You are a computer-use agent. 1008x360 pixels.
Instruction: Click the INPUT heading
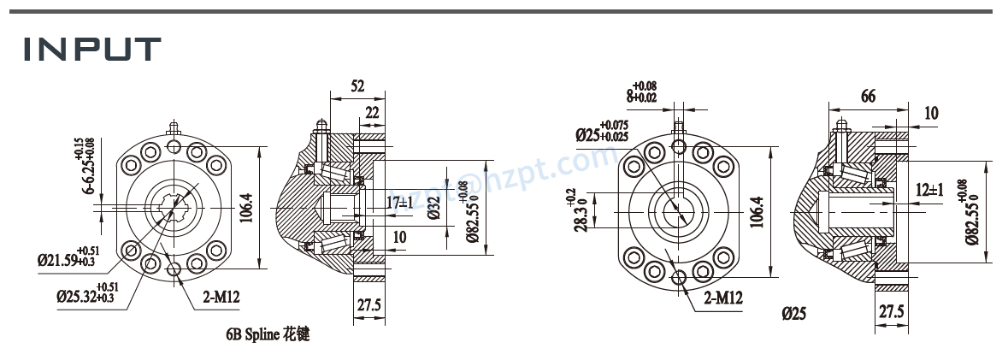(91, 50)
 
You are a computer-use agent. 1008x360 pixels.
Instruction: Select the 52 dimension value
(357, 86)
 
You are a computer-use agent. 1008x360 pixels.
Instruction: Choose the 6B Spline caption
(262, 334)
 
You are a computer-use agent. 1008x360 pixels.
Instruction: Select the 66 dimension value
(868, 97)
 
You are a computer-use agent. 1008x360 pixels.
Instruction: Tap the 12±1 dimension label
(928, 190)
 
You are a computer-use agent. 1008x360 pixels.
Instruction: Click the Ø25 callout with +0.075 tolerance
(608, 135)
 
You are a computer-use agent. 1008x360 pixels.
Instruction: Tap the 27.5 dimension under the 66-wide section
(890, 311)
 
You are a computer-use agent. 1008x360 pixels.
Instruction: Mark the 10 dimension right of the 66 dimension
(931, 112)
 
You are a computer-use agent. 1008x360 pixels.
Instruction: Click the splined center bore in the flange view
(174, 209)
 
